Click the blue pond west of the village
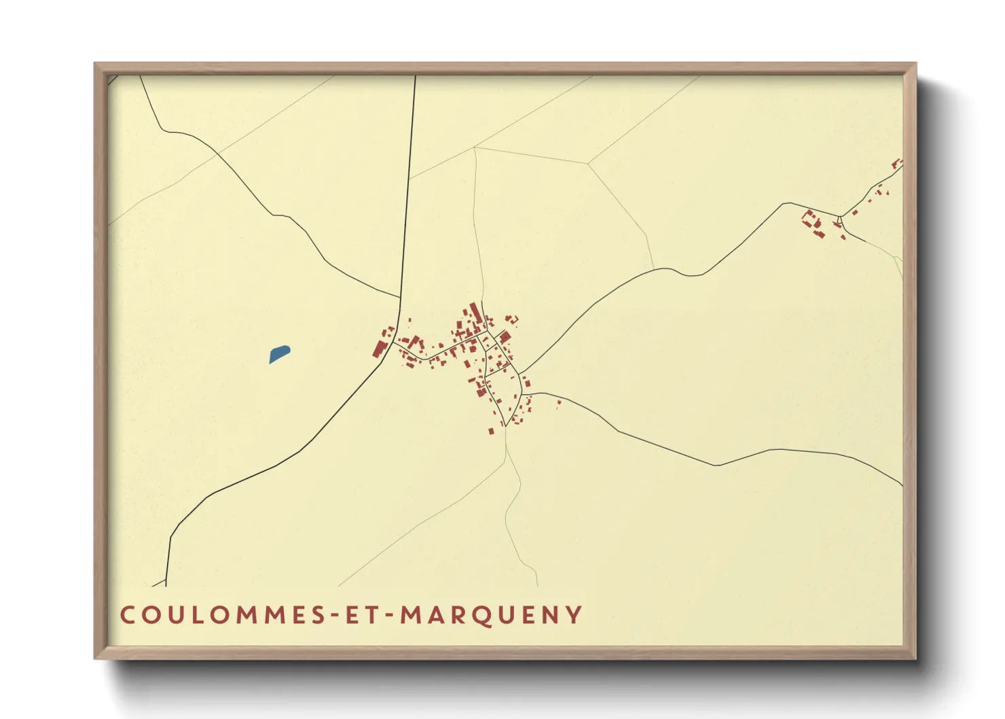[x=279, y=354]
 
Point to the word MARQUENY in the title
[x=491, y=615]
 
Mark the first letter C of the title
[x=127, y=615]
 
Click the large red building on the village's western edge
[x=379, y=349]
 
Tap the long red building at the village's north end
[x=475, y=313]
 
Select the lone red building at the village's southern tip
[x=491, y=431]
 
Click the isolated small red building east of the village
[x=559, y=402]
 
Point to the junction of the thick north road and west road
[x=400, y=298]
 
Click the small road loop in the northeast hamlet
[x=840, y=220]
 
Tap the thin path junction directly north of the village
[x=475, y=147]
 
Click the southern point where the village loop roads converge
[x=506, y=425]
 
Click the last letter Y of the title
[x=576, y=615]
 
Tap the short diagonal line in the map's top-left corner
[x=113, y=80]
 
